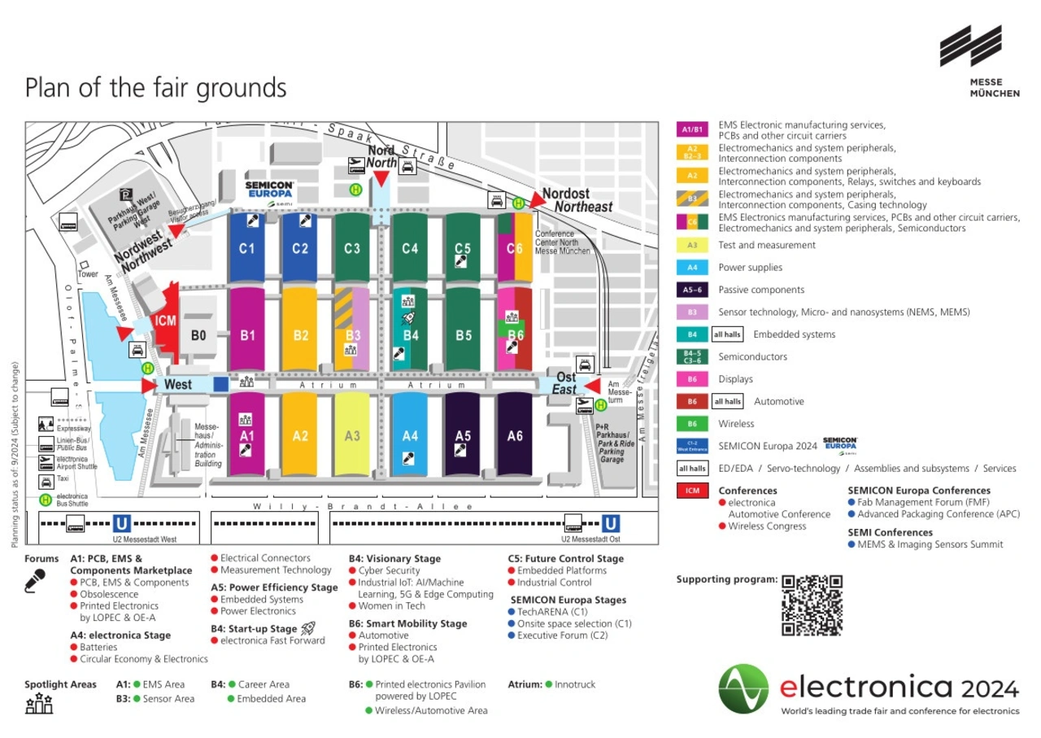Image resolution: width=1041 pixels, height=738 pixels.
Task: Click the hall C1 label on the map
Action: [247, 249]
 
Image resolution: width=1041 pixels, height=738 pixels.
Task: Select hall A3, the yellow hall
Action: [352, 436]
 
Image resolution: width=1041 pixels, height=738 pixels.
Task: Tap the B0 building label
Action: [198, 334]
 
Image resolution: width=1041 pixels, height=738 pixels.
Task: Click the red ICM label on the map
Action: [165, 321]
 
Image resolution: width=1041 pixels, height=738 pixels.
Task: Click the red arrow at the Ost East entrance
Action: [592, 384]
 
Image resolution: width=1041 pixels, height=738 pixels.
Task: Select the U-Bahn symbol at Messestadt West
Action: [122, 523]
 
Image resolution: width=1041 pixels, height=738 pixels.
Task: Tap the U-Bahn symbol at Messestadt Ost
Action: [611, 523]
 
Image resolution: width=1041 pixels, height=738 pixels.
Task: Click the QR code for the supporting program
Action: [812, 605]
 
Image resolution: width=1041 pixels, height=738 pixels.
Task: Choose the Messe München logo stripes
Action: [970, 46]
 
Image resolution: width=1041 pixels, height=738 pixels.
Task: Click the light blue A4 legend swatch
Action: [692, 268]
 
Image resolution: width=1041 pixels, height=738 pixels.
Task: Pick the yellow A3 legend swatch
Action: [692, 245]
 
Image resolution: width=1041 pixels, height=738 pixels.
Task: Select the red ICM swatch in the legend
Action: [692, 491]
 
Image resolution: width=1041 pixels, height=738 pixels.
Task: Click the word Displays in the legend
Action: [735, 379]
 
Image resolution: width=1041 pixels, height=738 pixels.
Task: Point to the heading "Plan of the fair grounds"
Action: [155, 87]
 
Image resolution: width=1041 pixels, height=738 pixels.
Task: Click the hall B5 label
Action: [464, 334]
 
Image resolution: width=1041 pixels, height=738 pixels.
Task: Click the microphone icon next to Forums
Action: [35, 580]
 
